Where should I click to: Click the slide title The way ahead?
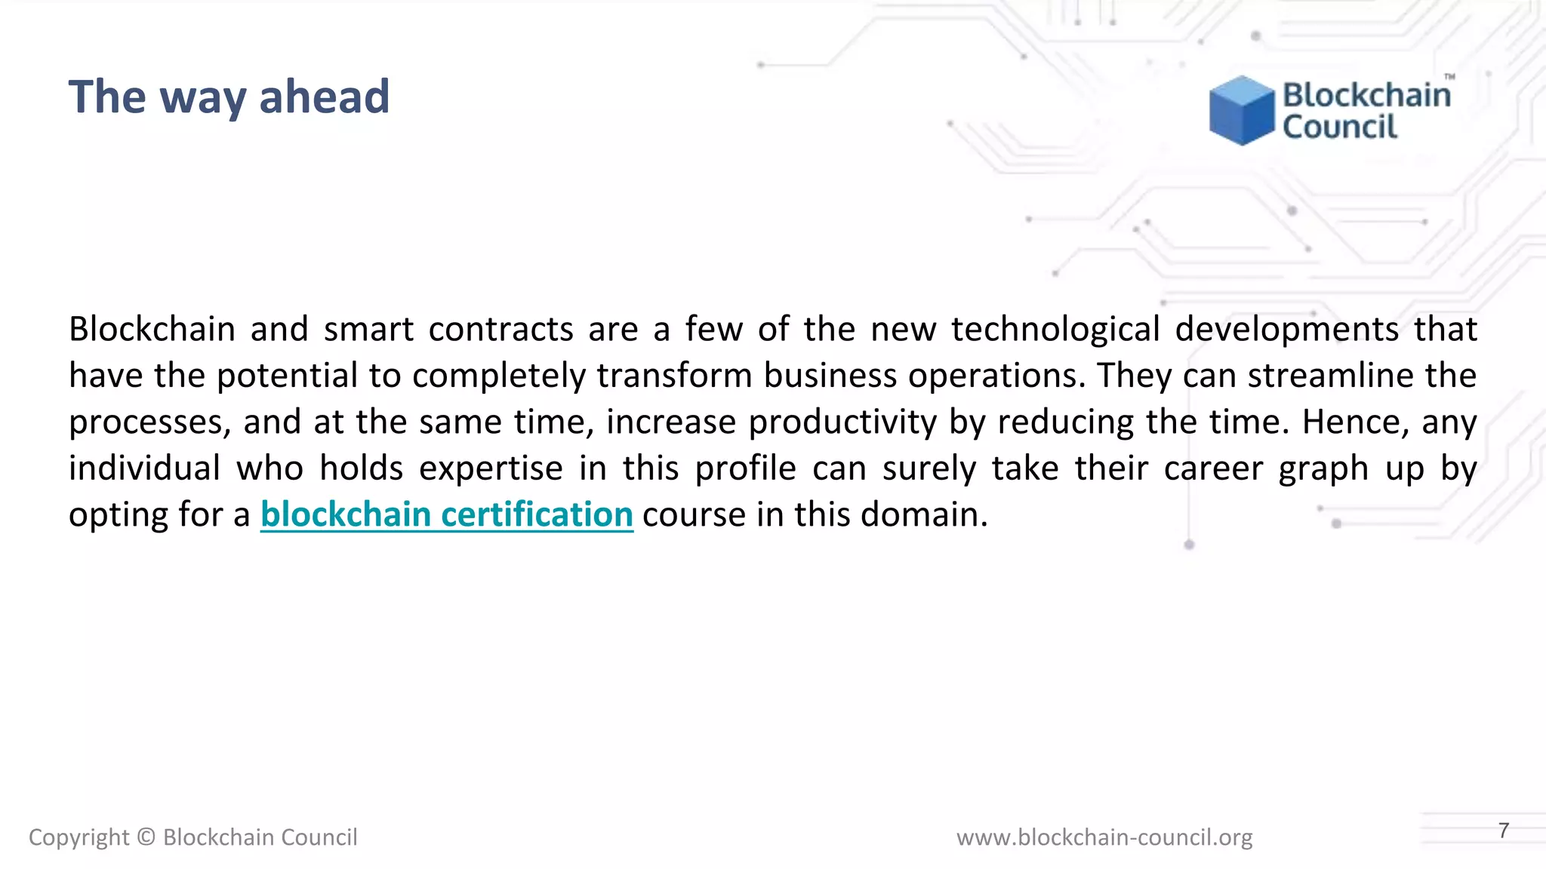pyautogui.click(x=229, y=97)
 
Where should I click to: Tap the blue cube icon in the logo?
pyautogui.click(x=1241, y=110)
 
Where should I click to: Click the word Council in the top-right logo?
pyautogui.click(x=1340, y=127)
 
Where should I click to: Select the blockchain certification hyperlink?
pyautogui.click(x=446, y=514)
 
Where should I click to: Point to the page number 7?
pyautogui.click(x=1504, y=831)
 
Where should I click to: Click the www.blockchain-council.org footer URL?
pyautogui.click(x=1104, y=837)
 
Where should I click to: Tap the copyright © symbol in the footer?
pyautogui.click(x=146, y=837)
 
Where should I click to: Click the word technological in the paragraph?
pyautogui.click(x=1055, y=329)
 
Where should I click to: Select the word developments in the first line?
pyautogui.click(x=1287, y=329)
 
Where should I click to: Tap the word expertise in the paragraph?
pyautogui.click(x=491, y=468)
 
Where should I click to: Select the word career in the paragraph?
pyautogui.click(x=1213, y=468)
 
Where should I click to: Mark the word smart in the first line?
pyautogui.click(x=368, y=329)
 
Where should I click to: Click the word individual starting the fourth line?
pyautogui.click(x=144, y=468)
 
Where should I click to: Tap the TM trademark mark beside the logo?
pyautogui.click(x=1450, y=77)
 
